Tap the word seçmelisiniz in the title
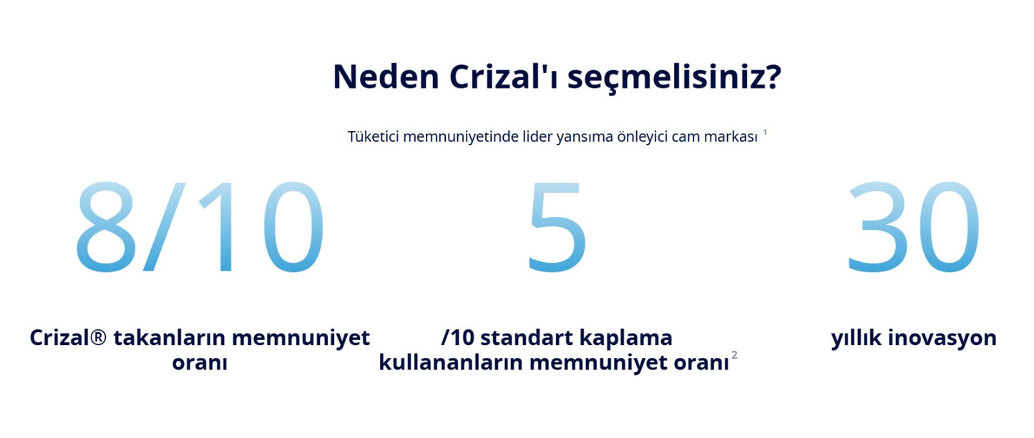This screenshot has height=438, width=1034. coord(673,77)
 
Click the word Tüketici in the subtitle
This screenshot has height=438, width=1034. coord(373,137)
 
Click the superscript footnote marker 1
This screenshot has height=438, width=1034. coord(765,132)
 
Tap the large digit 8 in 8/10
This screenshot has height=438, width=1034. coord(106,227)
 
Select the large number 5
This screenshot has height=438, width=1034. coord(557,227)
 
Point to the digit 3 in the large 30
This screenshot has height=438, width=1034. coord(878,227)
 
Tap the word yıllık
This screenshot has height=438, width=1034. coord(856,338)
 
